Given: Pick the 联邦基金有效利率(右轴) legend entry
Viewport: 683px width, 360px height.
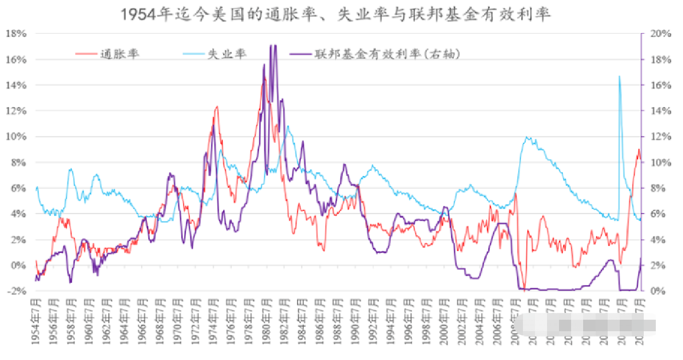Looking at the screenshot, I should coord(387,54).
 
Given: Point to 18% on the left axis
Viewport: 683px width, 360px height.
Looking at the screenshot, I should coord(16,34).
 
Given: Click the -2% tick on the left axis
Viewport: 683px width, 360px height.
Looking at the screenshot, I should coord(17,291).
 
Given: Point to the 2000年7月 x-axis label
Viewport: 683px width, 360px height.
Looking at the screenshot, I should coord(446,321).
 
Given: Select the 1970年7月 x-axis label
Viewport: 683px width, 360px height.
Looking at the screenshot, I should coord(178,321).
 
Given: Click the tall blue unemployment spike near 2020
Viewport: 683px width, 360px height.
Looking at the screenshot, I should coord(619,77).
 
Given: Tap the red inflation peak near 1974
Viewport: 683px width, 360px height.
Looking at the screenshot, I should coord(216,107).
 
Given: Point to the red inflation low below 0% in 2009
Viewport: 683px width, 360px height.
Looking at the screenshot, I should coord(523,286).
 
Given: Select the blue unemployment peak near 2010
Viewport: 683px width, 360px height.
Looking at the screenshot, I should coord(528,138).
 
